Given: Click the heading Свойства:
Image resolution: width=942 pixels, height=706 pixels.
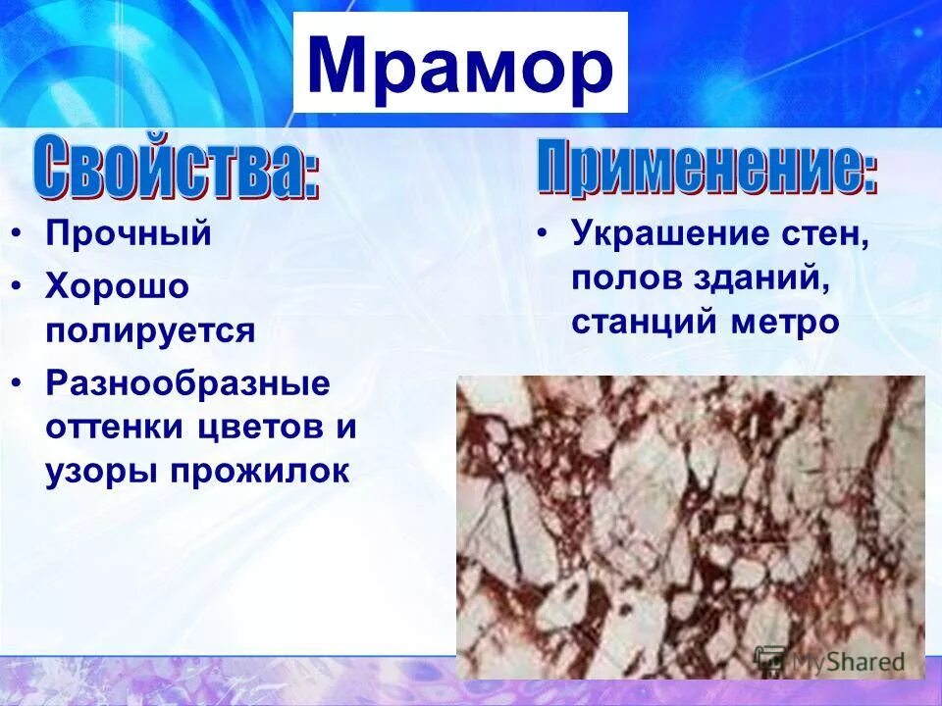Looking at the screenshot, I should point(178,169).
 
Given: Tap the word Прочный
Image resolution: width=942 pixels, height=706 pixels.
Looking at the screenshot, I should point(129,235).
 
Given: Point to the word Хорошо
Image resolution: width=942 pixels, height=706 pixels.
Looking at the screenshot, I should point(117,287).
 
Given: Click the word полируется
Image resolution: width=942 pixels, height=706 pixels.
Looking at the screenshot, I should point(150,330).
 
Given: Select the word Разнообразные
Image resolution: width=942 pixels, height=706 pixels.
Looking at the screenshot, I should point(187,382).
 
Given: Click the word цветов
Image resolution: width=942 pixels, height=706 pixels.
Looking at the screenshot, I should point(264,428).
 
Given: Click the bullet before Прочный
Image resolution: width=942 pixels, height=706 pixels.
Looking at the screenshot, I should point(20,235).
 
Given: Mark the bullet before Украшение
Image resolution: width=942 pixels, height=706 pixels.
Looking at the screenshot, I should point(543,235).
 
